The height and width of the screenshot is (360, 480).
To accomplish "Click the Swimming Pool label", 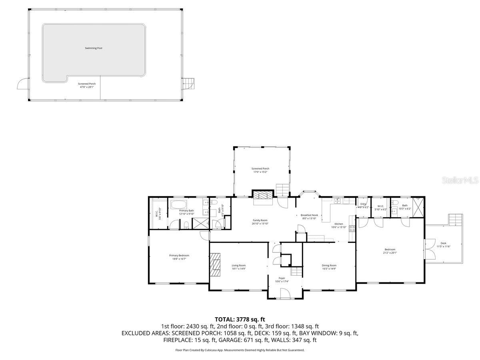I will [94, 48].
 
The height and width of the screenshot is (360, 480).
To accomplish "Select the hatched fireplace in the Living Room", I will [216, 265].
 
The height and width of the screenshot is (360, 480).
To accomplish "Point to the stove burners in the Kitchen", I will [352, 229].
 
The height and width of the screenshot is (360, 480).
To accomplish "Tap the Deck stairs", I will [456, 220].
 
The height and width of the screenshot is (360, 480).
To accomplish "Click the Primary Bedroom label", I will [179, 255].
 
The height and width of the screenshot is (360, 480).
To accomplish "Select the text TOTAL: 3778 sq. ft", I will [240, 319].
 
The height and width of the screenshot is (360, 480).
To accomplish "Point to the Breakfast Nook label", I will [309, 215].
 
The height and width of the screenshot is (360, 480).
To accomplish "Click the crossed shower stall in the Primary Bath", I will [201, 224].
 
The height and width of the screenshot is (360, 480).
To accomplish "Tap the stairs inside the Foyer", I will [296, 272].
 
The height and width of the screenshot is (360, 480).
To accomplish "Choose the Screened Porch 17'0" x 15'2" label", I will [260, 169].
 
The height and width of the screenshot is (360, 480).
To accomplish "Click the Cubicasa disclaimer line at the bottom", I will [240, 350].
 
